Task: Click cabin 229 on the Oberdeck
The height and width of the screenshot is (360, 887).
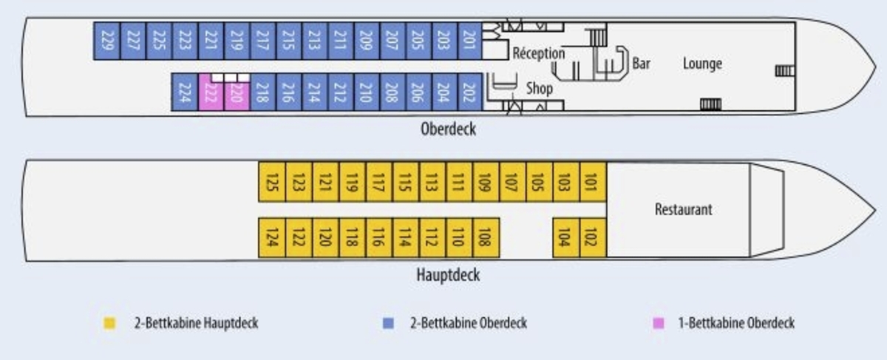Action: click(x=106, y=41)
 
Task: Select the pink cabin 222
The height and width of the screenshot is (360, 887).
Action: click(x=211, y=94)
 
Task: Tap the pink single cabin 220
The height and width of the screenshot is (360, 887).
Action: click(x=237, y=94)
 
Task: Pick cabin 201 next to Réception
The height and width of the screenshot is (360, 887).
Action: click(x=469, y=41)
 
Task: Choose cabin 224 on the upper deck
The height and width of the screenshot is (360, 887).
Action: click(x=185, y=92)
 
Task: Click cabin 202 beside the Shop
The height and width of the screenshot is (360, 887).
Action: click(x=469, y=92)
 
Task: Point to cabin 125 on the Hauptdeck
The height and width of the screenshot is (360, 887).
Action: click(x=271, y=181)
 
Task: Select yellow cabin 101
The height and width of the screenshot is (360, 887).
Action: click(x=592, y=181)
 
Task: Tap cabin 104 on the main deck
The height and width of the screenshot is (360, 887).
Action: click(x=565, y=238)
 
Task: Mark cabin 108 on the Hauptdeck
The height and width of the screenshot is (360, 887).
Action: click(x=486, y=238)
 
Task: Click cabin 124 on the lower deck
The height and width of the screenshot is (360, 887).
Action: click(x=271, y=238)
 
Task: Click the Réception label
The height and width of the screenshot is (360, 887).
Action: click(x=538, y=53)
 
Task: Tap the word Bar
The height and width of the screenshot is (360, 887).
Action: click(x=641, y=64)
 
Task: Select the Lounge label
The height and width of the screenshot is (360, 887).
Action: click(x=701, y=64)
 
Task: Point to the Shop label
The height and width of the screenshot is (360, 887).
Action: click(x=539, y=89)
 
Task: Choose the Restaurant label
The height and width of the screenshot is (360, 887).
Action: click(x=683, y=209)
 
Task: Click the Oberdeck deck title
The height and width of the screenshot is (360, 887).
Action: click(x=448, y=129)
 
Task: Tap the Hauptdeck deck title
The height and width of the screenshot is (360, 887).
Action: click(x=448, y=275)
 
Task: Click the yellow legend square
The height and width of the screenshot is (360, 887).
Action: click(x=109, y=323)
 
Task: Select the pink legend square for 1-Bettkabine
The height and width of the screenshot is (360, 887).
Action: click(x=659, y=323)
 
